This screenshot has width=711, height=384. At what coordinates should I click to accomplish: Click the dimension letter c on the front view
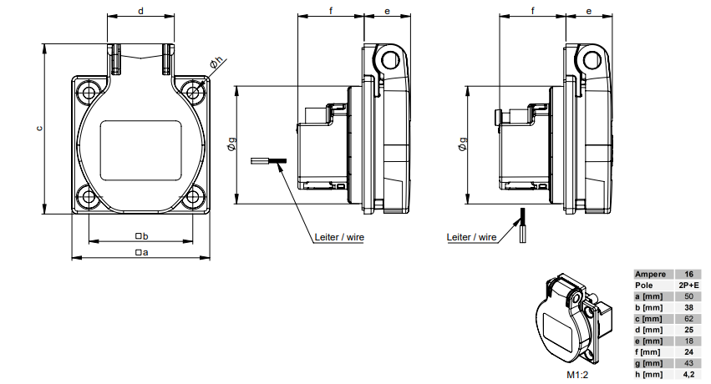[38, 129]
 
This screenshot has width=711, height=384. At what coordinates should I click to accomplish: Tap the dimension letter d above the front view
[140, 11]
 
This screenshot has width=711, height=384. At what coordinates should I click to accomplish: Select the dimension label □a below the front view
[140, 251]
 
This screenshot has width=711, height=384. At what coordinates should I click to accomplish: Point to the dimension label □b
[140, 236]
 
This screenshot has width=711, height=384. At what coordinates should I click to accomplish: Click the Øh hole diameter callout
[216, 63]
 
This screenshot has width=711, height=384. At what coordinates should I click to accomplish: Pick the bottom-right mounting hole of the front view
[193, 198]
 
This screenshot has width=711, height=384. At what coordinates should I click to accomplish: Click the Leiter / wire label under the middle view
[339, 236]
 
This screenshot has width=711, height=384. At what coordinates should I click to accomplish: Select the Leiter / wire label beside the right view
[471, 237]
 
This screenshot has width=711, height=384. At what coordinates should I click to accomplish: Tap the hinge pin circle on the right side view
[590, 59]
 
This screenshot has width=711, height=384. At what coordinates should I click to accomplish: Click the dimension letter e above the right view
[589, 11]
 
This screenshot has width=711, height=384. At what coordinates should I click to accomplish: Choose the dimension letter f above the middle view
[331, 11]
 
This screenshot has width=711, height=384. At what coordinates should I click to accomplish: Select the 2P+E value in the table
[689, 285]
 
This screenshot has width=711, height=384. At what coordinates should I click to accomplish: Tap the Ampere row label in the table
[650, 274]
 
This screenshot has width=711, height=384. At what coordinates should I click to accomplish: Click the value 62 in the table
[689, 318]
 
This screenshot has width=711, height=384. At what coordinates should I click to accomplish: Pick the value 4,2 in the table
[689, 374]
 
